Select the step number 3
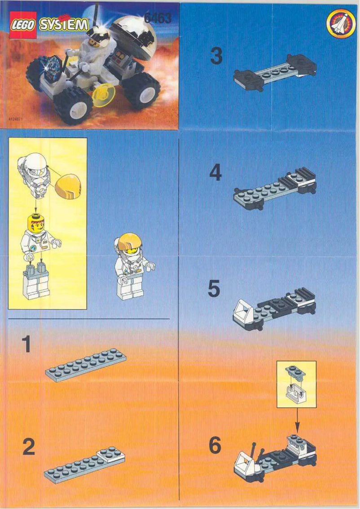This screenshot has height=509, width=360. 216,57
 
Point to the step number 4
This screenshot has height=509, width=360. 215,173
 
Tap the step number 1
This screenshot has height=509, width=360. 27,345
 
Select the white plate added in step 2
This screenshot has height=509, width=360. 110,453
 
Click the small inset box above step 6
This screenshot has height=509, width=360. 297,384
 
